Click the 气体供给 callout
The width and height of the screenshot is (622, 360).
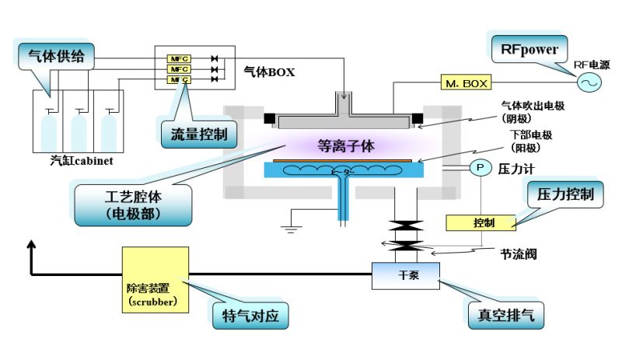pos(51,56)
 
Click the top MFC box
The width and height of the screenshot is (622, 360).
pos(179,59)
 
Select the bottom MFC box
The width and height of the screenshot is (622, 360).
pos(179,79)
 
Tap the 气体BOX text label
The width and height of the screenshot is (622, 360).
pos(270,72)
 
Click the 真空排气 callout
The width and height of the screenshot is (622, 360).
pos(507,316)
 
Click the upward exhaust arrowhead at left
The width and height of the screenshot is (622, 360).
pos(31,247)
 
